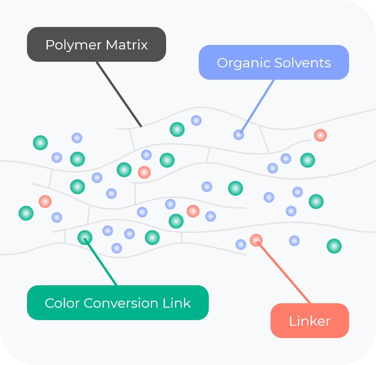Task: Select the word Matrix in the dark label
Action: point(127,45)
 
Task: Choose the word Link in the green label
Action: point(177,303)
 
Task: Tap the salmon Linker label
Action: point(309,321)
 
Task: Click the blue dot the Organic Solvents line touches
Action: point(239,135)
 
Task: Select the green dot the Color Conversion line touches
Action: point(85,237)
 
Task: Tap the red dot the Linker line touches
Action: point(256,240)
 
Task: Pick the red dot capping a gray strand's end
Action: point(320,135)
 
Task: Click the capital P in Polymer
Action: point(49,45)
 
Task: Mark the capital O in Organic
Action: point(222,63)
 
